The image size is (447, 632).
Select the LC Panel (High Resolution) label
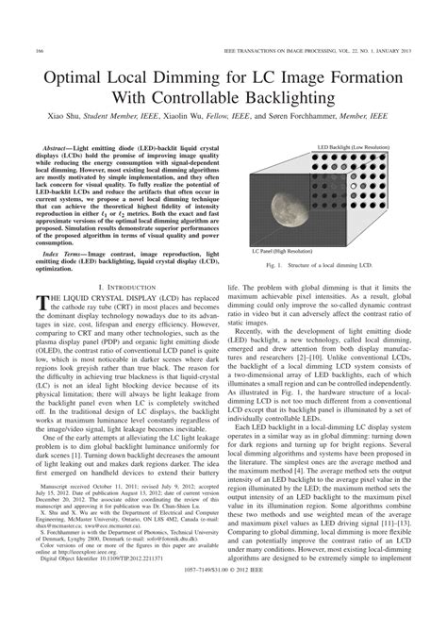[281, 253]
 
